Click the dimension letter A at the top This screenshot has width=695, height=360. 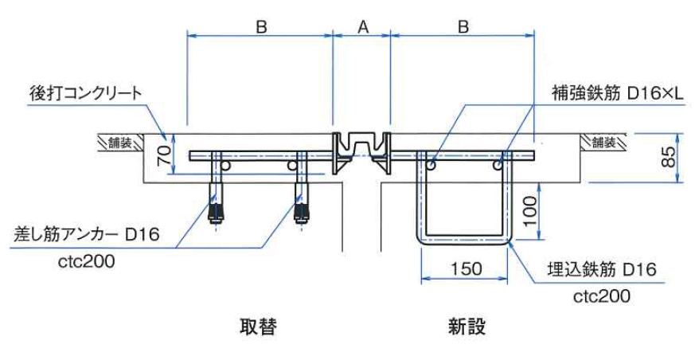click(362, 26)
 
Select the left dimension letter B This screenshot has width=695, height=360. click(260, 26)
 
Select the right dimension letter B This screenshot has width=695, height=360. click(463, 26)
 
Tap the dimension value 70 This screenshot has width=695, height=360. click(164, 155)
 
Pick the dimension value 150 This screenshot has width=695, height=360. click(464, 268)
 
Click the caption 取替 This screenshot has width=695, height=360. click(258, 327)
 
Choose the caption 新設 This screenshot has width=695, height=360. click(467, 327)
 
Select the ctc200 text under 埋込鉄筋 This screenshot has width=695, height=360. click(602, 296)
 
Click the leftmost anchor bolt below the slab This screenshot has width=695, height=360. click(214, 203)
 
